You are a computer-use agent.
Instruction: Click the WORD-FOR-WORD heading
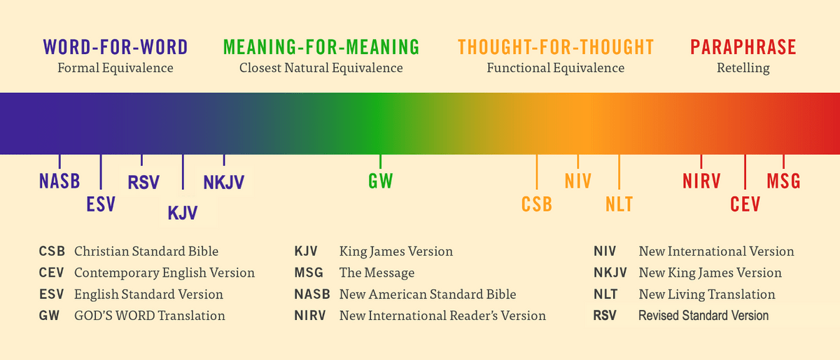coord(115,48)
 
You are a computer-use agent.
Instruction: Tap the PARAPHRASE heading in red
coord(743,48)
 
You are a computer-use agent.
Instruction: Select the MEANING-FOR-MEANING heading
coord(321,48)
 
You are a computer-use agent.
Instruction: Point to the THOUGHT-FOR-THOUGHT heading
coord(556,48)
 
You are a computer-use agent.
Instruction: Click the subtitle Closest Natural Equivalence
coord(321,68)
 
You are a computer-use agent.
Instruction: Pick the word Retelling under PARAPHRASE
coord(743,69)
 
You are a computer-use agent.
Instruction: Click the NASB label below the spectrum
coord(59,181)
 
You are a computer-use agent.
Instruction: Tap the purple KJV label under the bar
coord(183,213)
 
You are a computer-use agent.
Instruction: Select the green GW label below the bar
coord(381,181)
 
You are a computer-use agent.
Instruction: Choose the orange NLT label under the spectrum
coord(619,205)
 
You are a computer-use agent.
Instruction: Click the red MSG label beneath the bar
coord(783,181)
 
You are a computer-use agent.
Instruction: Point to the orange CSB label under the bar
coord(537,205)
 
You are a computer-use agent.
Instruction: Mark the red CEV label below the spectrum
coord(745,205)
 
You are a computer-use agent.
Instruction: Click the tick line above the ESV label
coord(101,172)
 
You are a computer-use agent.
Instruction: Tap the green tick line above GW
coord(380,161)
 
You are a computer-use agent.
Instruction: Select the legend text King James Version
coord(396,251)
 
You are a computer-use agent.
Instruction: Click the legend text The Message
coord(377,272)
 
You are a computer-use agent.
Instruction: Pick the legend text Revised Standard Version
coord(703,315)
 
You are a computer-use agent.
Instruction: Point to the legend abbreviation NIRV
coord(309,315)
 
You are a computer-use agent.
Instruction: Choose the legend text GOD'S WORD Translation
coord(150,315)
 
